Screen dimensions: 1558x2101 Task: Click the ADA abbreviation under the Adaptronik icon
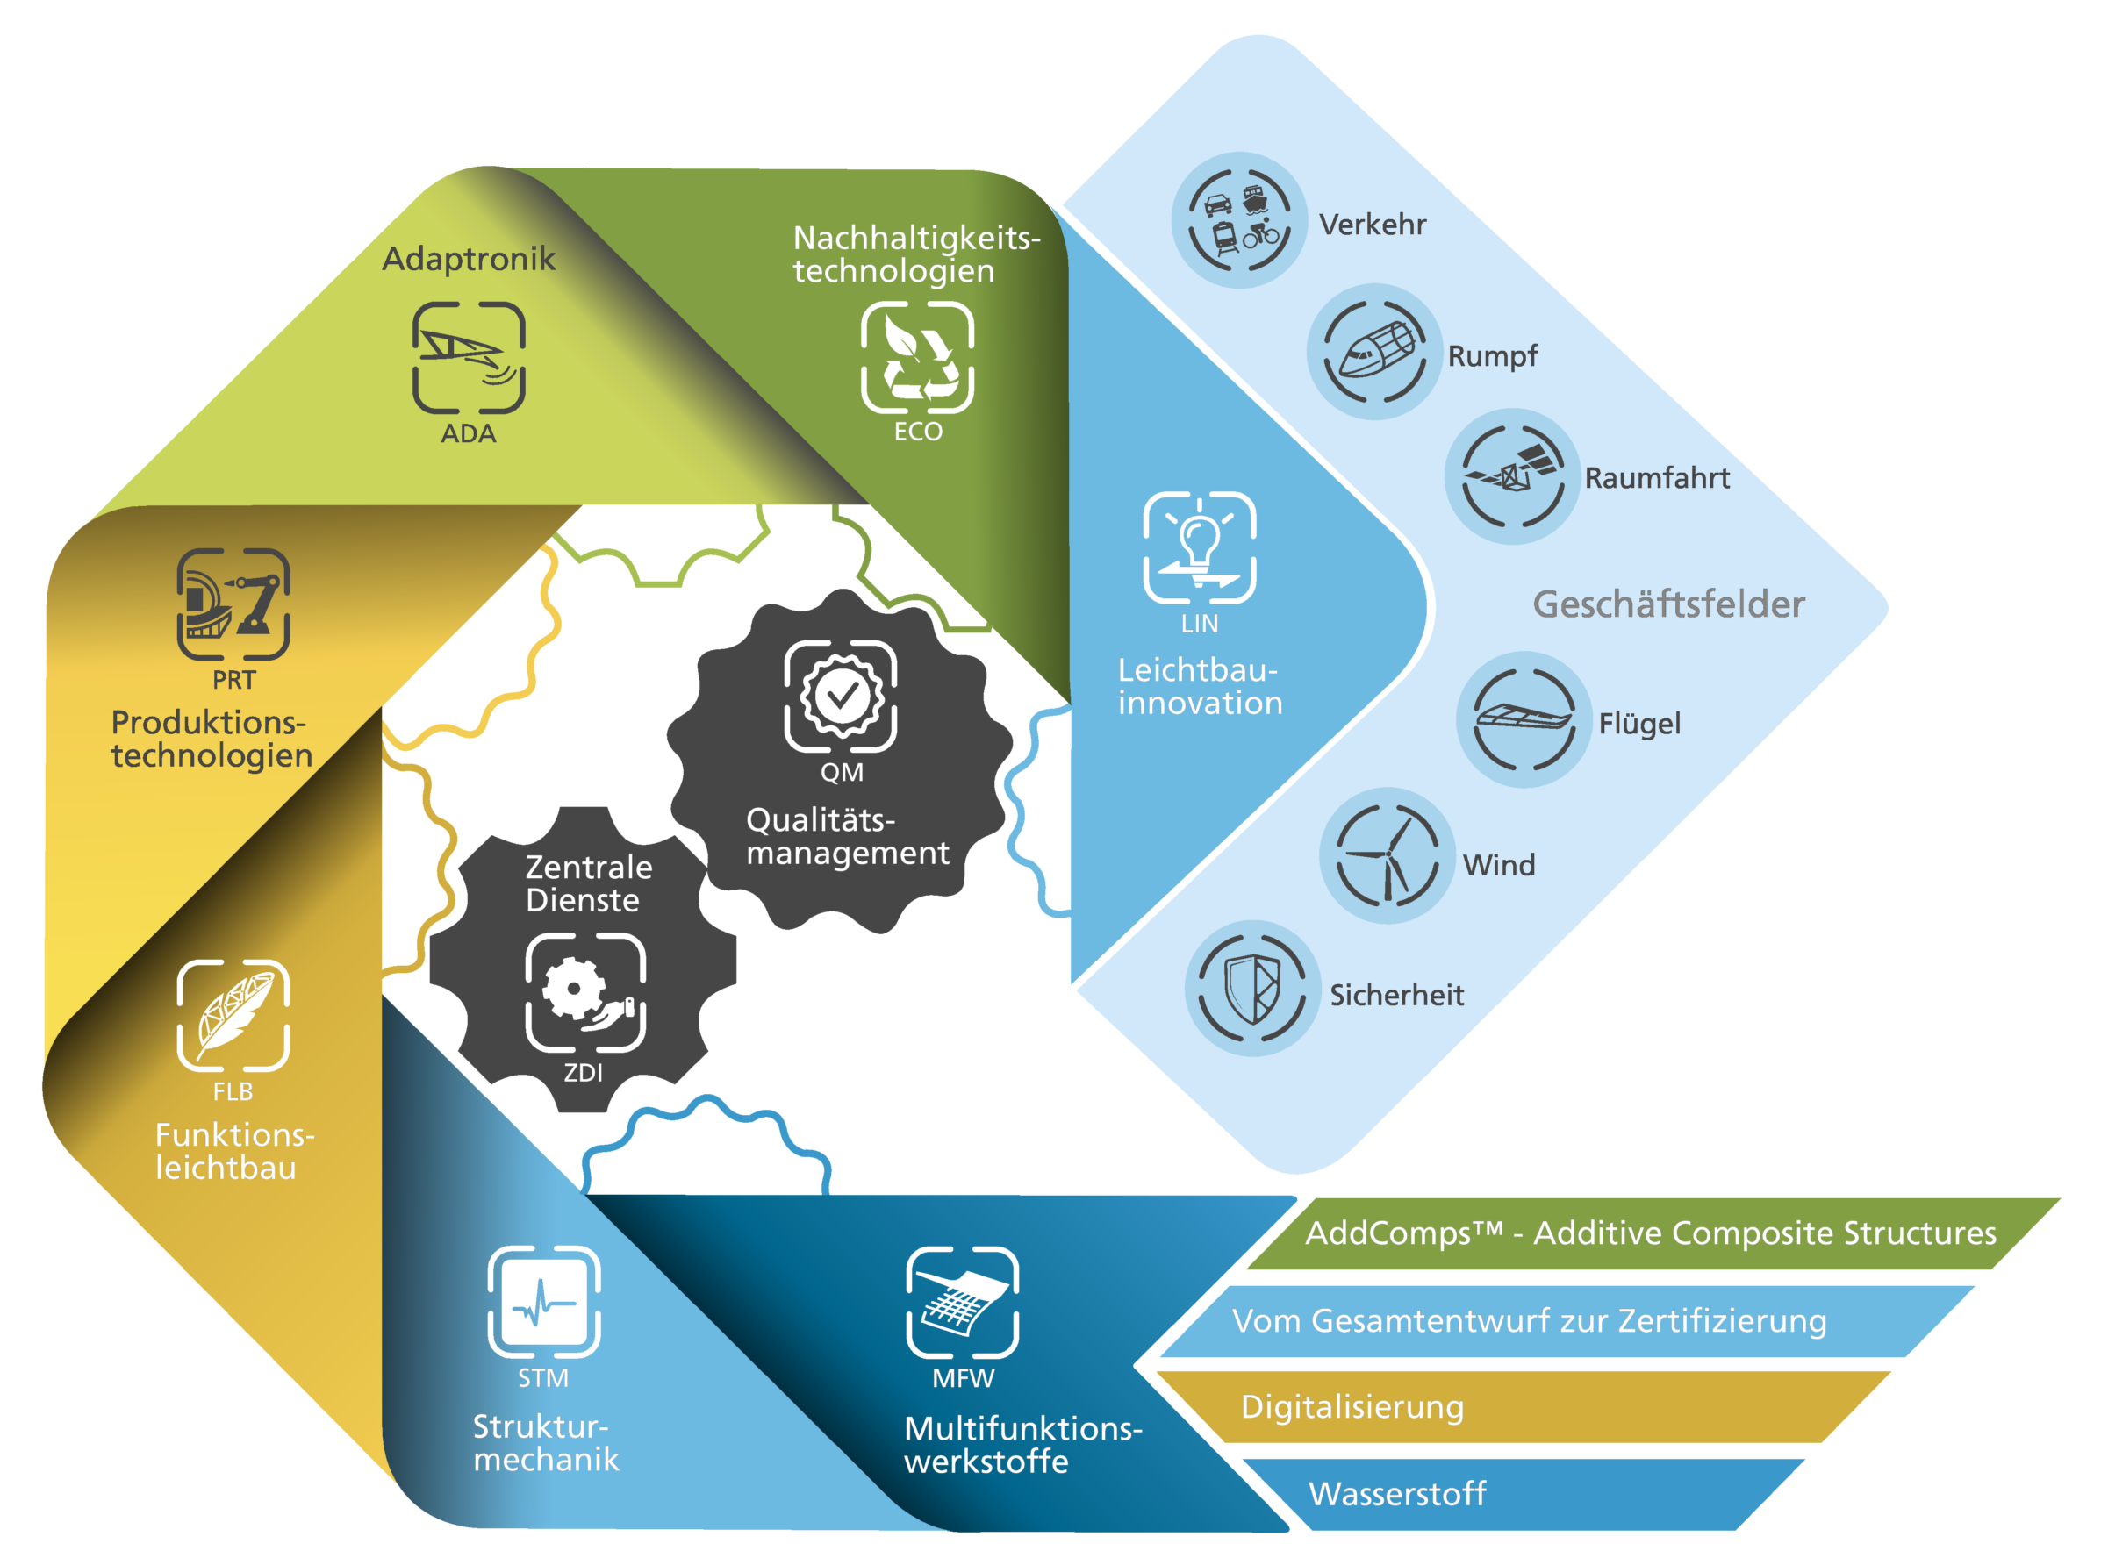[468, 434]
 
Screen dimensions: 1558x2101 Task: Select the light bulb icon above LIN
[1199, 547]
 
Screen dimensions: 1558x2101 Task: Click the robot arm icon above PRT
[233, 604]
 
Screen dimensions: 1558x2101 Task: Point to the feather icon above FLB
[233, 1016]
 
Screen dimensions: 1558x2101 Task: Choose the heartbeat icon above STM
[543, 1303]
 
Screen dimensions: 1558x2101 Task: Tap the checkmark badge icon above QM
[840, 696]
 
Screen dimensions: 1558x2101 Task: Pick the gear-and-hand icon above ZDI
[584, 992]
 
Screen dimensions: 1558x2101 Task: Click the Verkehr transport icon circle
[1238, 219]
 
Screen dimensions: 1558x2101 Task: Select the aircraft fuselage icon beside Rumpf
[1374, 352]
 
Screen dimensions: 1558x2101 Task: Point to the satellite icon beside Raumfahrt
[1511, 476]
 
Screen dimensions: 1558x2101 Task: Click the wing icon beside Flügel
[1524, 719]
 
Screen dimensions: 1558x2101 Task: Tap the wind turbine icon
[1387, 855]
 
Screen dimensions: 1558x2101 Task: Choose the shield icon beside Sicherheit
[1252, 989]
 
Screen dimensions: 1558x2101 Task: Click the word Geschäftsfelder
[1668, 604]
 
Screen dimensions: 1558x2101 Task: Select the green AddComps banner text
[1650, 1233]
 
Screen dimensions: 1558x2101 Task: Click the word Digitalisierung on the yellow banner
[1352, 1407]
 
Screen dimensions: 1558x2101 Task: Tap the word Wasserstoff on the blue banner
[1396, 1494]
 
